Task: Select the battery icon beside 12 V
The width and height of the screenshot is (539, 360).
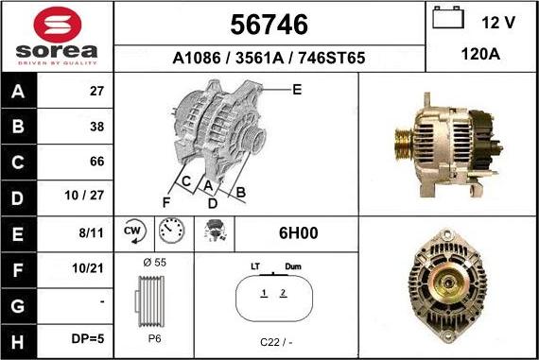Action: tap(447, 20)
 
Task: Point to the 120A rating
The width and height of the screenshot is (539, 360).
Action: tap(480, 55)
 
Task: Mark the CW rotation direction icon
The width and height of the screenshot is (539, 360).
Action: tap(132, 231)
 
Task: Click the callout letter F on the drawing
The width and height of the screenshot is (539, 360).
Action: tap(165, 202)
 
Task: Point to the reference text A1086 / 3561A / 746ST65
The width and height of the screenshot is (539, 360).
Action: tap(269, 57)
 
